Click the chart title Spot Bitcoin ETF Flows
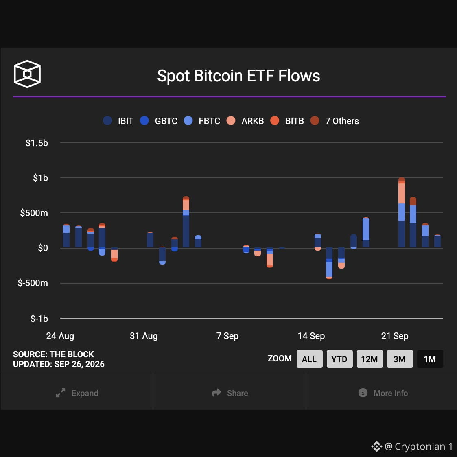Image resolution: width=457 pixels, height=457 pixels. click(238, 76)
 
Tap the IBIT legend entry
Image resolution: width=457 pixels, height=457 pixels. click(118, 121)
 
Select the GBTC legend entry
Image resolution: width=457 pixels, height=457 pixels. click(159, 121)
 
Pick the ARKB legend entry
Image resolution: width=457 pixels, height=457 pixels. click(245, 121)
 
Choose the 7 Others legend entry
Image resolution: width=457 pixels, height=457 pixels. click(335, 121)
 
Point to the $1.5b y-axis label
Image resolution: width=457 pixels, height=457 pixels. click(37, 143)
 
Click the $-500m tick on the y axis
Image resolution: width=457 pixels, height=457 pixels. click(33, 283)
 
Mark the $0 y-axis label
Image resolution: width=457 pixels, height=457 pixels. click(43, 248)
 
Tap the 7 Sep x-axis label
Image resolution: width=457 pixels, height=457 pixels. click(227, 336)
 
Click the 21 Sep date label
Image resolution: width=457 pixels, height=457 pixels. click(395, 336)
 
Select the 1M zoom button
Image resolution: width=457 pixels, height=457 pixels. click(430, 359)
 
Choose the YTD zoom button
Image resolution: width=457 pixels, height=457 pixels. click(339, 359)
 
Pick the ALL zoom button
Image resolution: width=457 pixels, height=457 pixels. click(310, 359)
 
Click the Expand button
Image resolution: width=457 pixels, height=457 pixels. click(77, 393)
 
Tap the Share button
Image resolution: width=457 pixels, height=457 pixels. click(230, 393)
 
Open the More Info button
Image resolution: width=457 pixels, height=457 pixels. click(383, 393)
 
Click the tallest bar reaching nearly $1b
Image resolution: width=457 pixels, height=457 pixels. click(402, 212)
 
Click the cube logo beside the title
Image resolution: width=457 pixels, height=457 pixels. click(27, 74)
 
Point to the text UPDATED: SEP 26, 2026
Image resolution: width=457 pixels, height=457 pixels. click(59, 364)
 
